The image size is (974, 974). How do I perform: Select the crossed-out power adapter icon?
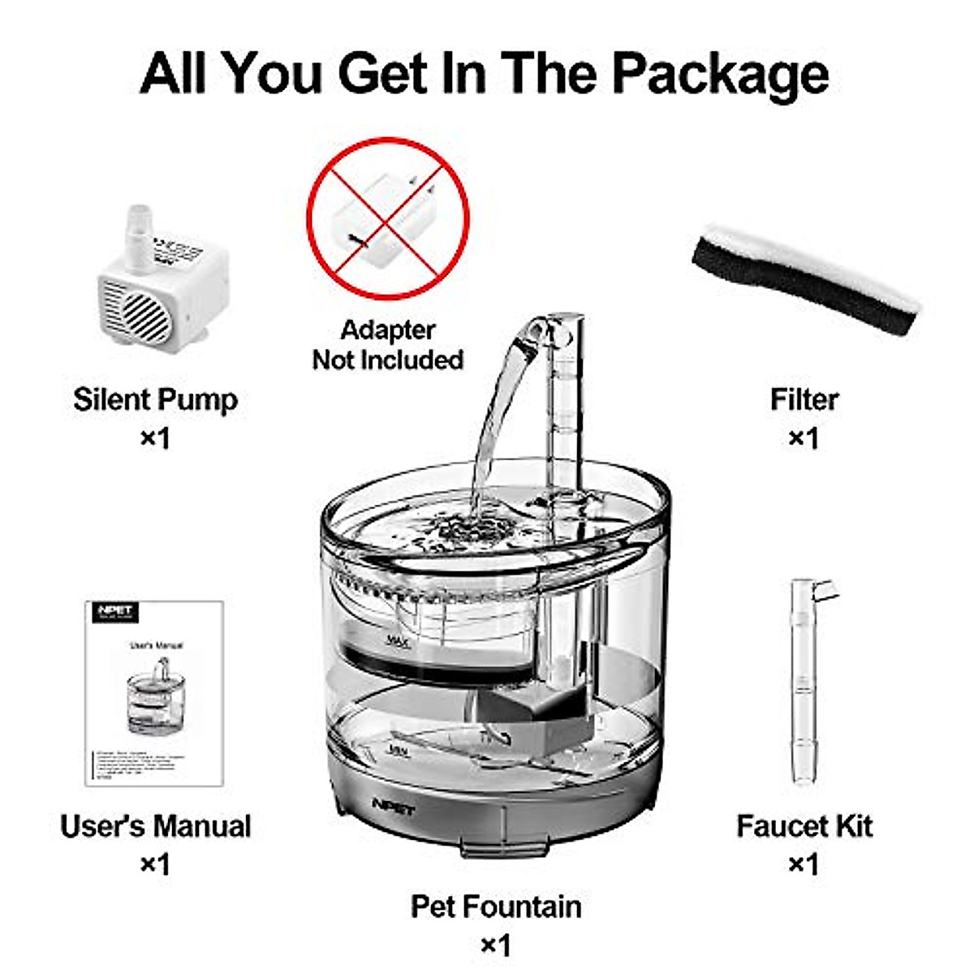tap(388, 218)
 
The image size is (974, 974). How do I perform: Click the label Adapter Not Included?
tap(388, 345)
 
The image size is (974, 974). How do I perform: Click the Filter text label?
tap(804, 399)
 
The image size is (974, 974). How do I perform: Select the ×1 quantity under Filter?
tap(804, 438)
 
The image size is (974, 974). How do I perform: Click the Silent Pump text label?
tap(155, 399)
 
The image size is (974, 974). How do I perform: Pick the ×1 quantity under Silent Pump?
tap(155, 438)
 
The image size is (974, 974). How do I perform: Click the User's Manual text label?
tap(155, 826)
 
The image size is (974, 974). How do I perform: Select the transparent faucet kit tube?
tap(804, 682)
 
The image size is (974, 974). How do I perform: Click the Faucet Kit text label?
tap(804, 826)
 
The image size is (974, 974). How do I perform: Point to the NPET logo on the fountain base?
tap(393, 806)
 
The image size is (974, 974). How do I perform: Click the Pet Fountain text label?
tap(496, 907)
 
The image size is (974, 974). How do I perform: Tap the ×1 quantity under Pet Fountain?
tap(496, 946)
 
